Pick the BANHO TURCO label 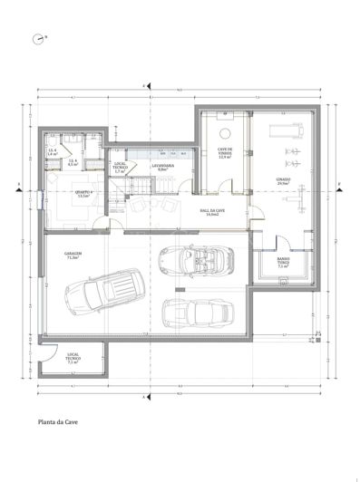click(x=283, y=265)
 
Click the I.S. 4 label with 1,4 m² click(x=52, y=152)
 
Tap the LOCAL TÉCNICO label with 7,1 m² click(x=73, y=359)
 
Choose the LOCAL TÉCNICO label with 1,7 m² click(x=118, y=169)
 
